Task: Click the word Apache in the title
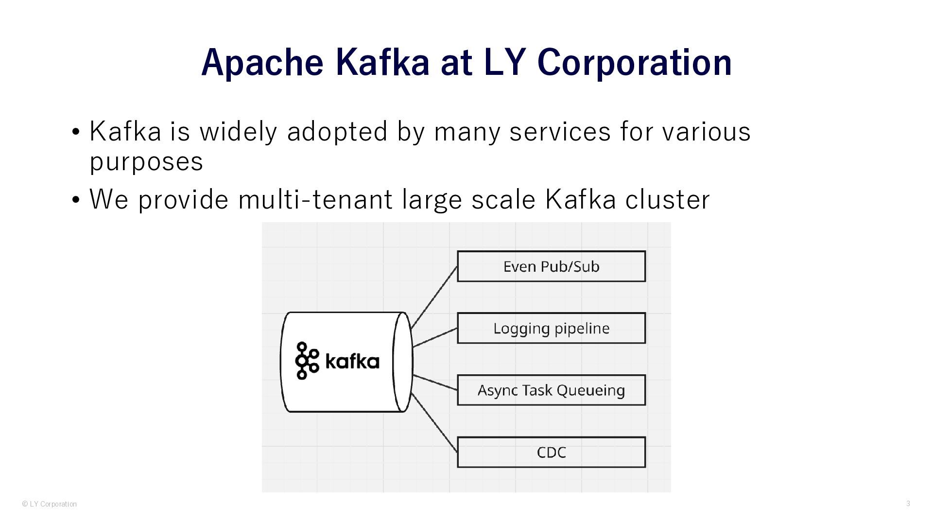pyautogui.click(x=262, y=62)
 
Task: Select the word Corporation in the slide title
pyautogui.click(x=635, y=62)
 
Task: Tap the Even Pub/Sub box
pyautogui.click(x=551, y=266)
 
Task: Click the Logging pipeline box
pyautogui.click(x=551, y=328)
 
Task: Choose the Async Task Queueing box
pyautogui.click(x=551, y=390)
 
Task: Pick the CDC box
pyautogui.click(x=551, y=452)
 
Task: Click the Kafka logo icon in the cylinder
pyautogui.click(x=307, y=361)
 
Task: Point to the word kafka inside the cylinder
pyautogui.click(x=352, y=362)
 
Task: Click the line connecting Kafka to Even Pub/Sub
pyautogui.click(x=434, y=297)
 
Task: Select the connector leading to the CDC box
pyautogui.click(x=434, y=422)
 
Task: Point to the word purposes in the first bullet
pyautogui.click(x=146, y=161)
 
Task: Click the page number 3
pyautogui.click(x=908, y=504)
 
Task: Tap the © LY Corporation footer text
pyautogui.click(x=50, y=504)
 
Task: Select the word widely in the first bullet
pyautogui.click(x=238, y=131)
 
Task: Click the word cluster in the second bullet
pyautogui.click(x=667, y=199)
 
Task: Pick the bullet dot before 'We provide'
pyautogui.click(x=75, y=200)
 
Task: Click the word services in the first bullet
pyautogui.click(x=560, y=131)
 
